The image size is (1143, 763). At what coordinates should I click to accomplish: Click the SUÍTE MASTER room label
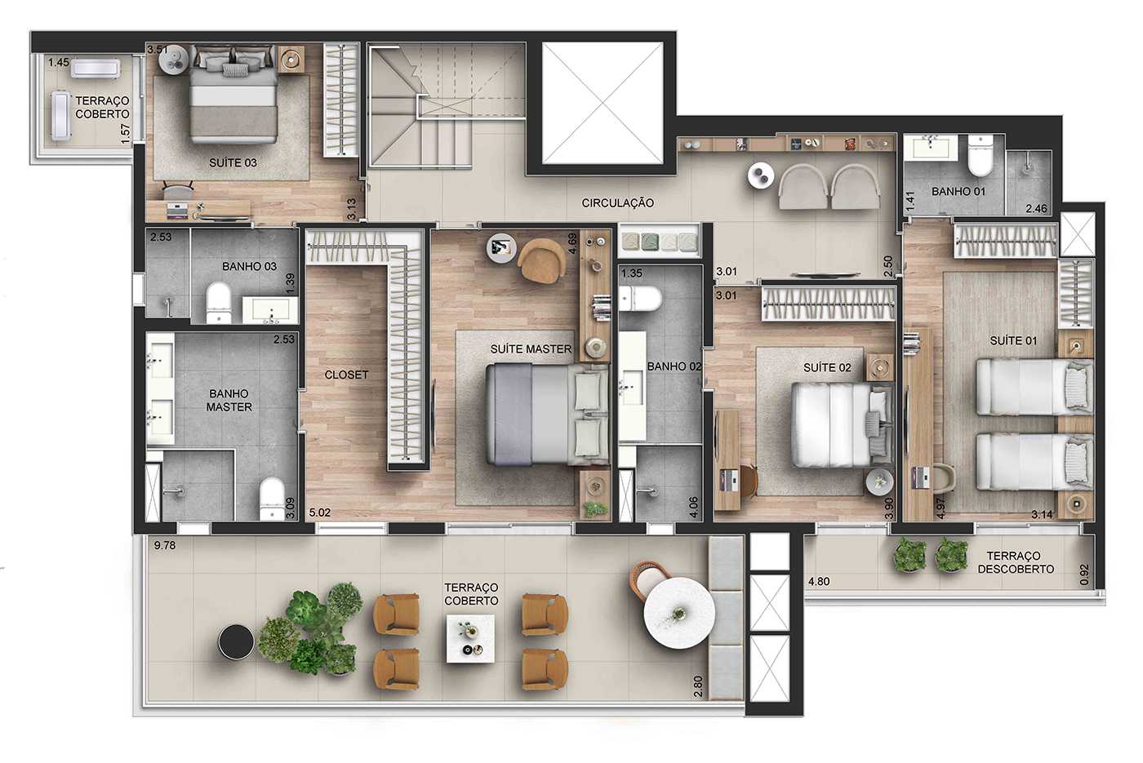[x=531, y=348]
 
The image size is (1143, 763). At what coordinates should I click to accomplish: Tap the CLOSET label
[x=346, y=375]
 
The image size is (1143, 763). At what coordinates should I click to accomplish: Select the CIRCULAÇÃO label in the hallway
[x=617, y=202]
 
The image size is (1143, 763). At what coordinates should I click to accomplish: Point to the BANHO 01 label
[x=958, y=192]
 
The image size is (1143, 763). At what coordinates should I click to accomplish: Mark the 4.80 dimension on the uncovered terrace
[x=819, y=582]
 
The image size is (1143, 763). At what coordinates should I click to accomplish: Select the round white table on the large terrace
[x=679, y=612]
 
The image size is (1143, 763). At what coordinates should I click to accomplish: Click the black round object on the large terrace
[x=237, y=642]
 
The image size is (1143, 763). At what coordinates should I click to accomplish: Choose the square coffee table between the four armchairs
[x=470, y=638]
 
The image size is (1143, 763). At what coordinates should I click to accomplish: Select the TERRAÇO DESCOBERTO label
[x=1016, y=562]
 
